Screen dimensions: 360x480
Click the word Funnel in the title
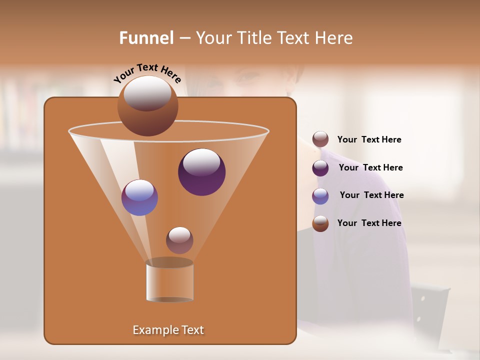(146, 38)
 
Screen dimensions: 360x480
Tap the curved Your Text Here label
(147, 73)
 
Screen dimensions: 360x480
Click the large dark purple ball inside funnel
(201, 172)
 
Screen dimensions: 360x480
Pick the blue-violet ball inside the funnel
(139, 197)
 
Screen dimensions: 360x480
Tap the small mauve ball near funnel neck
(179, 240)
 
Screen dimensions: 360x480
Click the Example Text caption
(168, 330)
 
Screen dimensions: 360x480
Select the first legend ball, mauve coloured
(320, 139)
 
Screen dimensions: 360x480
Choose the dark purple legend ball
(320, 167)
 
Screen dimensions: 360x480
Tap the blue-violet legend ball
(320, 195)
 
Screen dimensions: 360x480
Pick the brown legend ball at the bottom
(320, 223)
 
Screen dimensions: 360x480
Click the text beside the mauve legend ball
(369, 140)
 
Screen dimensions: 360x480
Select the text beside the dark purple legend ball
(370, 168)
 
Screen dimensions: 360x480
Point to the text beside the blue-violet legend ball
(371, 195)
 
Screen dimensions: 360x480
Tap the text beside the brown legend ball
(369, 223)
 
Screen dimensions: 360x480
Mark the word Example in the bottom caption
(152, 330)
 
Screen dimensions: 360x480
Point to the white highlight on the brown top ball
(147, 93)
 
